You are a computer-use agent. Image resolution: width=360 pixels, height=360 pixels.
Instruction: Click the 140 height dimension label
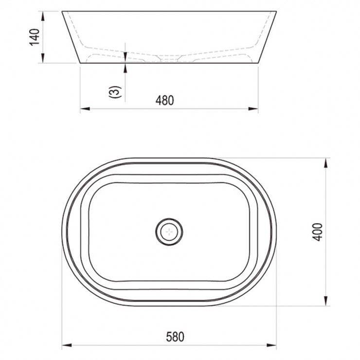(x=35, y=37)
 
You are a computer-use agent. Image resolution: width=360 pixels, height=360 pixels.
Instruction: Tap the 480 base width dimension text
(x=164, y=100)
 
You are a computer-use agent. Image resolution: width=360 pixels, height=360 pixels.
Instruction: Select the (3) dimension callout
(x=115, y=92)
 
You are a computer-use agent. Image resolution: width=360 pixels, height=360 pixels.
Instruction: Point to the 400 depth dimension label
(x=318, y=232)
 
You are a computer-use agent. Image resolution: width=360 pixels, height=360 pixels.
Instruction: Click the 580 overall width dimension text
(x=175, y=337)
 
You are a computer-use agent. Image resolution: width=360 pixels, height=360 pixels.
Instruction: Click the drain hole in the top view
(x=169, y=232)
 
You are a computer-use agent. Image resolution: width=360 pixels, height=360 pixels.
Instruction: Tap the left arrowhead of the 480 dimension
(x=85, y=108)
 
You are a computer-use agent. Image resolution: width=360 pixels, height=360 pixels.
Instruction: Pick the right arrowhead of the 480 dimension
(x=253, y=108)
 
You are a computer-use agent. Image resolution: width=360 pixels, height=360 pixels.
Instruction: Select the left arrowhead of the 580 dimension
(x=67, y=345)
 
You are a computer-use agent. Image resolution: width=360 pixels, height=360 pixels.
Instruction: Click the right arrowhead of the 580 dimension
(x=271, y=345)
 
